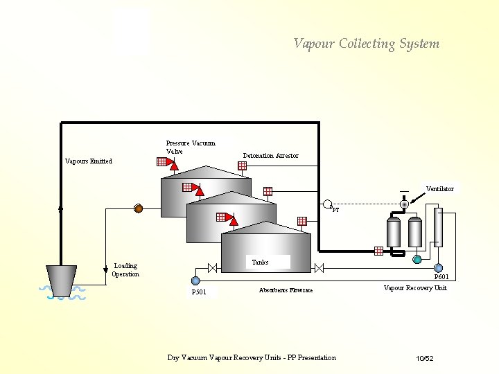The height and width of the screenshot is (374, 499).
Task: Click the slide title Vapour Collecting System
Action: tap(366, 44)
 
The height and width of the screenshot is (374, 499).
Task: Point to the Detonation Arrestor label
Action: tap(270, 156)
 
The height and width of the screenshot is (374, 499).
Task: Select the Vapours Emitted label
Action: tap(88, 161)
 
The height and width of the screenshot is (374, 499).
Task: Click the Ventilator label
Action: tap(439, 189)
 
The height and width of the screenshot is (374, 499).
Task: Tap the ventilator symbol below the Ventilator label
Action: tap(404, 204)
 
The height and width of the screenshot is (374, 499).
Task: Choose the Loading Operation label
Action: tap(125, 270)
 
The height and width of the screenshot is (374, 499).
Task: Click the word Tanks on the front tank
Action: tap(260, 262)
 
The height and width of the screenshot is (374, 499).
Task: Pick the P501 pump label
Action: tap(199, 292)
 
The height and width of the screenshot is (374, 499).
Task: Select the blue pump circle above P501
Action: tap(195, 280)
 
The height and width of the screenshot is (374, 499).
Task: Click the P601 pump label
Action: tap(441, 277)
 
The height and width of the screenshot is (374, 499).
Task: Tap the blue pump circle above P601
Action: tap(439, 267)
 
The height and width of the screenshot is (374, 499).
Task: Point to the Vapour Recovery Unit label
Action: tap(415, 287)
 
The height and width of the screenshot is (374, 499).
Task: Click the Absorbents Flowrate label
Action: tap(286, 290)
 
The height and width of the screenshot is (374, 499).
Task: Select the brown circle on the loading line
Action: tap(138, 208)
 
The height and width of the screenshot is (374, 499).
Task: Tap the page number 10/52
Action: tap(424, 358)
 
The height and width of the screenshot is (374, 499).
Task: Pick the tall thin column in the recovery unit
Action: tap(438, 226)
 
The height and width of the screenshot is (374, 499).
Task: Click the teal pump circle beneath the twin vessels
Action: tap(417, 259)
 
